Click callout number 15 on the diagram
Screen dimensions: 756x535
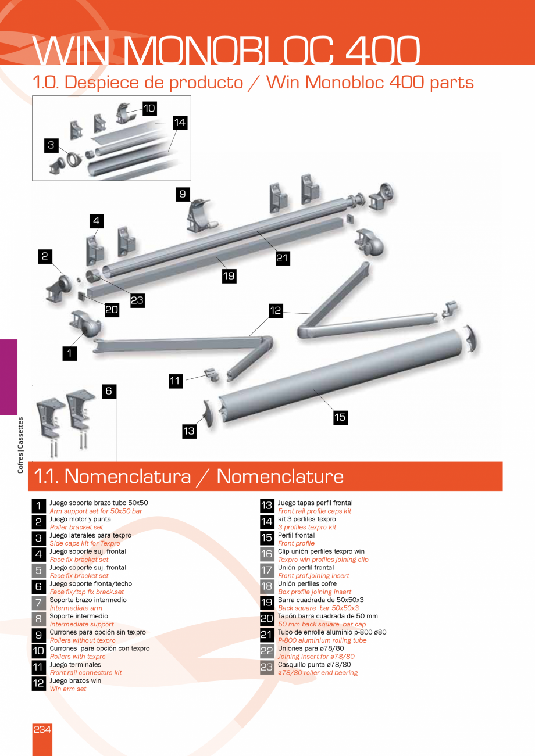[340, 417]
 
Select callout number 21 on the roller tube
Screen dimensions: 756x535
[283, 259]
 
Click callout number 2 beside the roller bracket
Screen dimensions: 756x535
[44, 256]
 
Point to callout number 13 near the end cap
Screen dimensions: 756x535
[189, 431]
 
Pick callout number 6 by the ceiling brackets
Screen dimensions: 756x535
[109, 392]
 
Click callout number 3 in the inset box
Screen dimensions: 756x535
[52, 145]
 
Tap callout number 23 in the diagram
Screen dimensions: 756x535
[137, 300]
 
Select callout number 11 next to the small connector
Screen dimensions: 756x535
[175, 381]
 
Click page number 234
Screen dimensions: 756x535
[42, 729]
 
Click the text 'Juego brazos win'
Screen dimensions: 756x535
[75, 680]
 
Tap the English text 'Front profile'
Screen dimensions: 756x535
[296, 543]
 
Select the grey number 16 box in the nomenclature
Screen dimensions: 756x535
[266, 554]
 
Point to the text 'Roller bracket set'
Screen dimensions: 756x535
[76, 527]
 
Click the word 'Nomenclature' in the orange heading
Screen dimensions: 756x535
[280, 476]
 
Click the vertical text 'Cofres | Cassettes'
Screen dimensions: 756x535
[20, 445]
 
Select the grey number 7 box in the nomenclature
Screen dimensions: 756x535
[38, 603]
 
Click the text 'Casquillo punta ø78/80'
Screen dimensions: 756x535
[314, 664]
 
